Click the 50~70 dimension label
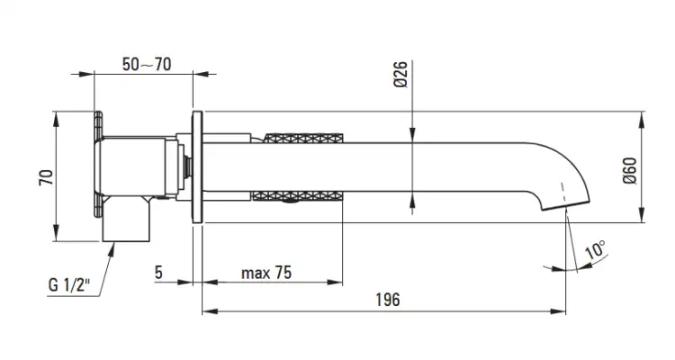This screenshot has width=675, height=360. click(147, 65)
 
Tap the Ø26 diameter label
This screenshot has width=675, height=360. click(400, 75)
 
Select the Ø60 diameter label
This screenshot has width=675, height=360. click(629, 171)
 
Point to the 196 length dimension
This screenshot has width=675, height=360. click(387, 300)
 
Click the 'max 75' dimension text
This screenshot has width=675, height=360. click(266, 273)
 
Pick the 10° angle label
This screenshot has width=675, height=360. click(596, 249)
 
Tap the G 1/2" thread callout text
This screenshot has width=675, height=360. click(69, 285)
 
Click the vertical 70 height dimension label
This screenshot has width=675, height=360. click(47, 177)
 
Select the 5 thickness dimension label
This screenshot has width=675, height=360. click(158, 272)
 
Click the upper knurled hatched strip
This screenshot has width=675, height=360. click(303, 139)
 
